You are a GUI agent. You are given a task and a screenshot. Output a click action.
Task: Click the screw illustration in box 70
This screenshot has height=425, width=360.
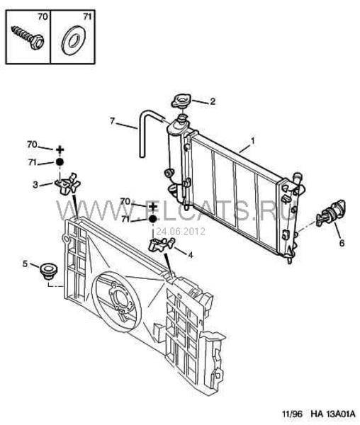(28, 38)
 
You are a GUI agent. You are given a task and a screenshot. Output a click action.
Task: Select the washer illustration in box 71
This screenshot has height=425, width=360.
(73, 40)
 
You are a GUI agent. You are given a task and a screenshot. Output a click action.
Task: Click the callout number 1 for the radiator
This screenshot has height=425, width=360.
(252, 141)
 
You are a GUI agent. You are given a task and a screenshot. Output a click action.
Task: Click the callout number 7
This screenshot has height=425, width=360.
(113, 121)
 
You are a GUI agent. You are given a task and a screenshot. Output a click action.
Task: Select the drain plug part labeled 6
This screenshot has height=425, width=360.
(331, 212)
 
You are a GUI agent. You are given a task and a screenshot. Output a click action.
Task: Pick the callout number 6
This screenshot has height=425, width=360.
(342, 243)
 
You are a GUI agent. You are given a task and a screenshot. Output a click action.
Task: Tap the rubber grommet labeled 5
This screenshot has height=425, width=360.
(48, 271)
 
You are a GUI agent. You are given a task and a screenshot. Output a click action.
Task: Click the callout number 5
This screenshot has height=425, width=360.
(26, 263)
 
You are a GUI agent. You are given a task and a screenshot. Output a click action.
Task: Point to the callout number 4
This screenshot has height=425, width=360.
(191, 255)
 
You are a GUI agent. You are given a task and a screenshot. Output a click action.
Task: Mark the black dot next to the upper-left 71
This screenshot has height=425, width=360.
(60, 162)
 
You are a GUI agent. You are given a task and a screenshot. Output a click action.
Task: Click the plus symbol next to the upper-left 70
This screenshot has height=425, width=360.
(60, 149)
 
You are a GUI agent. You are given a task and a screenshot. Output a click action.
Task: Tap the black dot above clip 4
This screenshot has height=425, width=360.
(153, 219)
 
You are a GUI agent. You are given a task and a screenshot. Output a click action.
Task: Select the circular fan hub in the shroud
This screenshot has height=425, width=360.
(121, 301)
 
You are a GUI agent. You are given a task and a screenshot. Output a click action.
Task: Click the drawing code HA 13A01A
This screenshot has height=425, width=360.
(333, 414)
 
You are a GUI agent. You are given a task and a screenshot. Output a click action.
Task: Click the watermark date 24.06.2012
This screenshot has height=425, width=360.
(181, 231)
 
